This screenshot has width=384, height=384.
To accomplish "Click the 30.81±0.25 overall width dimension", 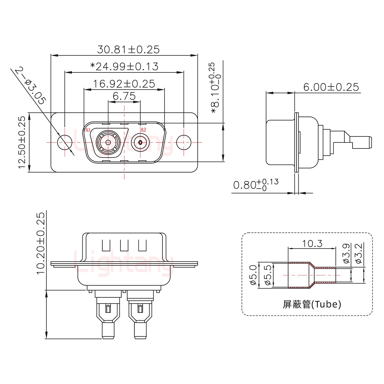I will pos(128,50).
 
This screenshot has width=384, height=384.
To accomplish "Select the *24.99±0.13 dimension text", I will pos(124,66).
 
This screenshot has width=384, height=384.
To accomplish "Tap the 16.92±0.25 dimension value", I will pos(124,84).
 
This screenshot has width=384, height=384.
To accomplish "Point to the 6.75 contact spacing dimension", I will pos(124,96).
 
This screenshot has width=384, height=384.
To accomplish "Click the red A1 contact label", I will pos(88,130).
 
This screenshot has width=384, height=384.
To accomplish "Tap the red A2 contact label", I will pos(143,130).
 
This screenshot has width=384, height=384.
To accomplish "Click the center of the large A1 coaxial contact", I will pos(108,142).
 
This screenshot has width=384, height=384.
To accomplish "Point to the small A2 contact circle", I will pos(141,142).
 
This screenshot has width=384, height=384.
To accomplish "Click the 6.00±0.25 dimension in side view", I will pos(331,87).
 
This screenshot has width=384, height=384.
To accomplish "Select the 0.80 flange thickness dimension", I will pos(255,185).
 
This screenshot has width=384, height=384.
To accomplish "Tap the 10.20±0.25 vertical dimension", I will pos(41,243).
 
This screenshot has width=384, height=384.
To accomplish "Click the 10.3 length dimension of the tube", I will pos(312,243).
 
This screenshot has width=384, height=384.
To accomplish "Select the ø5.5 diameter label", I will pos(268,275).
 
